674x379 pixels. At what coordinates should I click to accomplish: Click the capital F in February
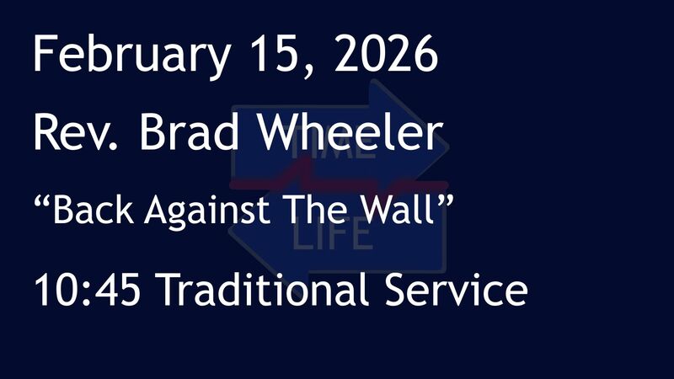point(44,55)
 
